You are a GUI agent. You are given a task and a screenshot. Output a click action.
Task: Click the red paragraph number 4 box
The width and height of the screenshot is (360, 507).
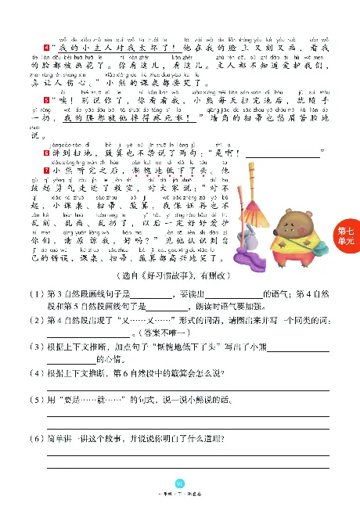[x=48, y=49]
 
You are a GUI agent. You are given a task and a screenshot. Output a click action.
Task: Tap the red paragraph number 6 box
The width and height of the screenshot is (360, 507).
[x=48, y=152]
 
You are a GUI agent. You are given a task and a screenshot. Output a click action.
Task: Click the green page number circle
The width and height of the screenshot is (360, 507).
[x=179, y=483]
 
